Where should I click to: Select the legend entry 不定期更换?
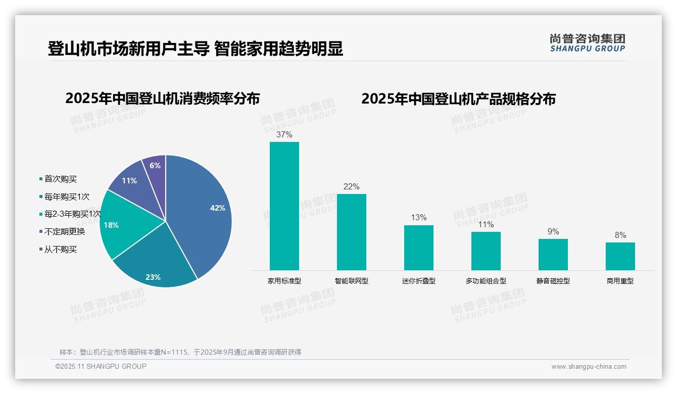(65, 232)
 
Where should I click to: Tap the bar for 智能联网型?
(352, 232)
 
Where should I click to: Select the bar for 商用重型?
(620, 256)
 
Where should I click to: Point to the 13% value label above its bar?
(419, 218)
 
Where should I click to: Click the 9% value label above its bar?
(553, 231)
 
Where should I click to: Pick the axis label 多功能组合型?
(486, 281)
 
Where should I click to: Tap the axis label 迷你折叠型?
(419, 281)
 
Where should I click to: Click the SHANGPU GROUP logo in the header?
(588, 42)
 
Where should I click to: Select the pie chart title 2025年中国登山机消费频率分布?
(163, 98)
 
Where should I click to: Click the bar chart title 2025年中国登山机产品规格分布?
(458, 98)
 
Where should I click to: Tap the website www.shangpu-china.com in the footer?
(589, 367)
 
